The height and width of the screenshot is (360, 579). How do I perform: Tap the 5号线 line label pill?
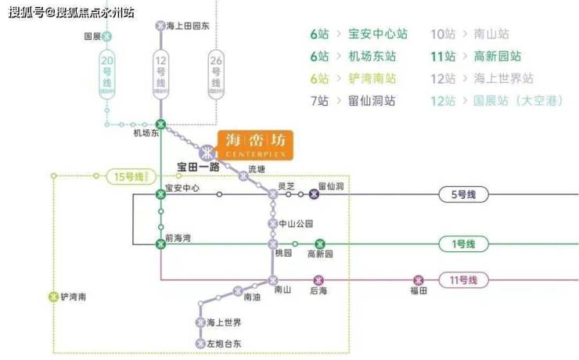464,194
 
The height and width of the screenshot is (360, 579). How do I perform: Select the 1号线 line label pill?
464,244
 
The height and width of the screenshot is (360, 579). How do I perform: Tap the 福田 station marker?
419,280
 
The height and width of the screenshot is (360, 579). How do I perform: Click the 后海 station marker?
318,280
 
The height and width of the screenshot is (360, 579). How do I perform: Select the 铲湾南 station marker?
53,297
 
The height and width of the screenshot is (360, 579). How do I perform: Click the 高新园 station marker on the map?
320,244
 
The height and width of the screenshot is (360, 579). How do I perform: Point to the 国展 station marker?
107,36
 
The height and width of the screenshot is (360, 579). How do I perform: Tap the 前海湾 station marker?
161,244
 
